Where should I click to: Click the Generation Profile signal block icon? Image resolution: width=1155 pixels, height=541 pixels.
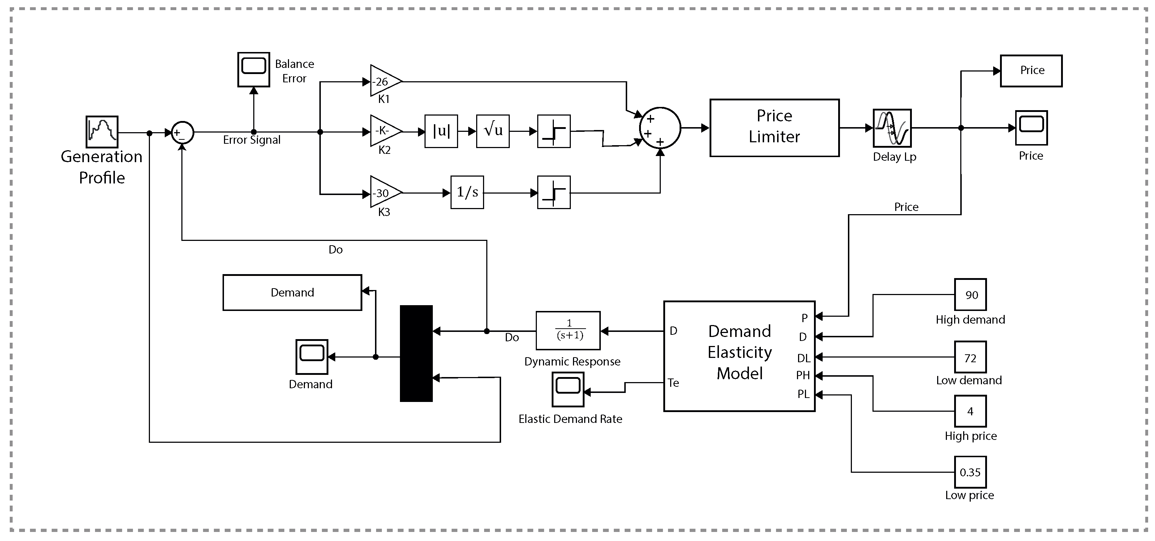(x=102, y=132)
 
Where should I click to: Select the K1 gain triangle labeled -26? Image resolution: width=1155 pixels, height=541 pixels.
(x=384, y=81)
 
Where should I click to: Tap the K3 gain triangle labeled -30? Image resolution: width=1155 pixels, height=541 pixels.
(x=384, y=193)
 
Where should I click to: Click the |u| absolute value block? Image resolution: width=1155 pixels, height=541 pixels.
(x=441, y=131)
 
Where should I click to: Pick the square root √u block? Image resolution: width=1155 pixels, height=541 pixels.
(x=493, y=131)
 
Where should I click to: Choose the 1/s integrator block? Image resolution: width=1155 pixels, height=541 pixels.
(x=467, y=192)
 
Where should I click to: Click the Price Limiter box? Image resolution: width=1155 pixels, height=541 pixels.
(x=774, y=128)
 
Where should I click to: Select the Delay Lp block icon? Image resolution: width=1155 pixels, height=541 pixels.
(x=892, y=128)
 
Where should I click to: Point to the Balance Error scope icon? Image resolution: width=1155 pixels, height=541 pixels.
(x=253, y=69)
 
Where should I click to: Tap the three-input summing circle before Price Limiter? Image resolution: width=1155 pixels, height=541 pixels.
(x=660, y=128)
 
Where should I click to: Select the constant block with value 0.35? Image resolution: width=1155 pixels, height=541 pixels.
(x=970, y=472)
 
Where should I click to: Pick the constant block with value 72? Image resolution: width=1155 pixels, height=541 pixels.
(x=970, y=357)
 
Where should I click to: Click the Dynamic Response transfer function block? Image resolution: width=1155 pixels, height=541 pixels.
(x=568, y=331)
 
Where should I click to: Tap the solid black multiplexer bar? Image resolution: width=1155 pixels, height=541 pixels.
(x=416, y=353)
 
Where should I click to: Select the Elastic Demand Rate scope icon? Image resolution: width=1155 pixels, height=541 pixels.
(x=568, y=389)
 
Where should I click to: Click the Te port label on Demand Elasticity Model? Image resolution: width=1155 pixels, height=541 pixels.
(x=673, y=383)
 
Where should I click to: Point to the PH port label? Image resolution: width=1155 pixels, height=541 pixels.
(x=803, y=375)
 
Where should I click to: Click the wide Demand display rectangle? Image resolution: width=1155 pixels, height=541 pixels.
(x=292, y=292)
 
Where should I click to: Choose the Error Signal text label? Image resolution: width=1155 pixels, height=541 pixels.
(x=251, y=140)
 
